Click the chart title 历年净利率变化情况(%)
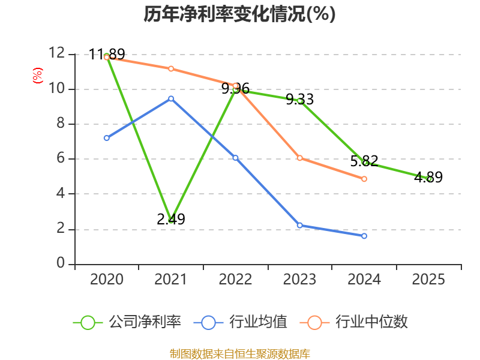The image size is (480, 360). (x=239, y=14)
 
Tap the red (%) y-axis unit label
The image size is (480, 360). (x=38, y=76)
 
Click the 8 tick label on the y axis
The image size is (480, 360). (x=61, y=123)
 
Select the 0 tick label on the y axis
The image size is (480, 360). (x=61, y=263)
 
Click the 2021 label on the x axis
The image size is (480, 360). (x=170, y=279)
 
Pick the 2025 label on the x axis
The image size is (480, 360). (x=428, y=279)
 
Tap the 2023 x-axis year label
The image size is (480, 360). (x=299, y=279)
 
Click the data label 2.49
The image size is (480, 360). (x=171, y=219)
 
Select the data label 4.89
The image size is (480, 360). (x=428, y=177)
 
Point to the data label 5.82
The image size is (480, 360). (x=364, y=161)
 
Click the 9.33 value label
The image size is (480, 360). (x=299, y=100)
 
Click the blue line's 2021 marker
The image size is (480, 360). (x=171, y=98)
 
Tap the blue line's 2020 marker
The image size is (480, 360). (x=107, y=138)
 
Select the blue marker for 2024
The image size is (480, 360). (x=364, y=236)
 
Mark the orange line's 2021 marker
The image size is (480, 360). (x=171, y=69)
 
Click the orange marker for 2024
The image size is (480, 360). (x=364, y=179)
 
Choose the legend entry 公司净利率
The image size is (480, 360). (x=127, y=322)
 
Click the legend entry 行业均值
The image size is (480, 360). (x=241, y=322)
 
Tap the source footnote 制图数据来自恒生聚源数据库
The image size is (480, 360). (x=239, y=354)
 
